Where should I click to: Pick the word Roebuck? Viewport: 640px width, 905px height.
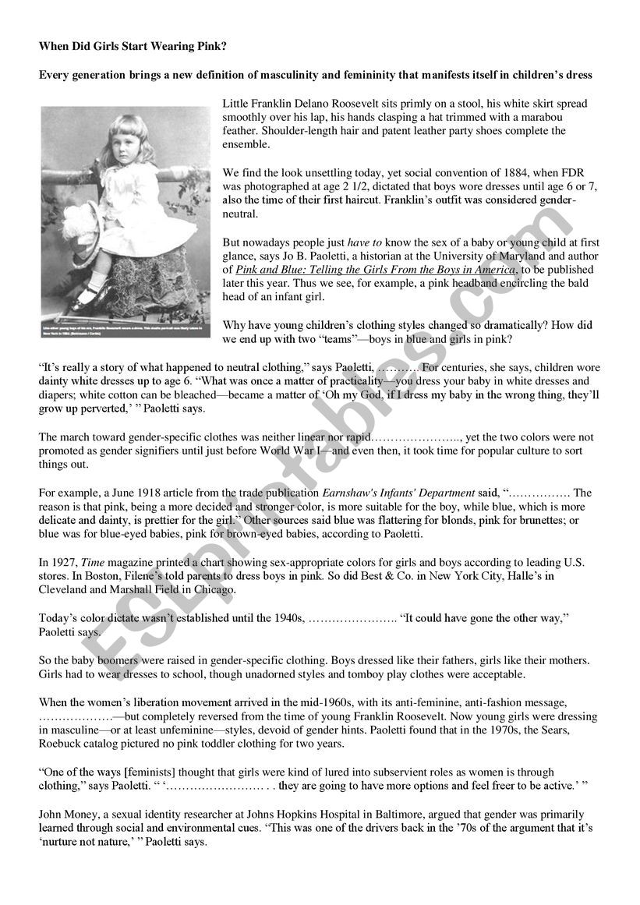tap(62, 744)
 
